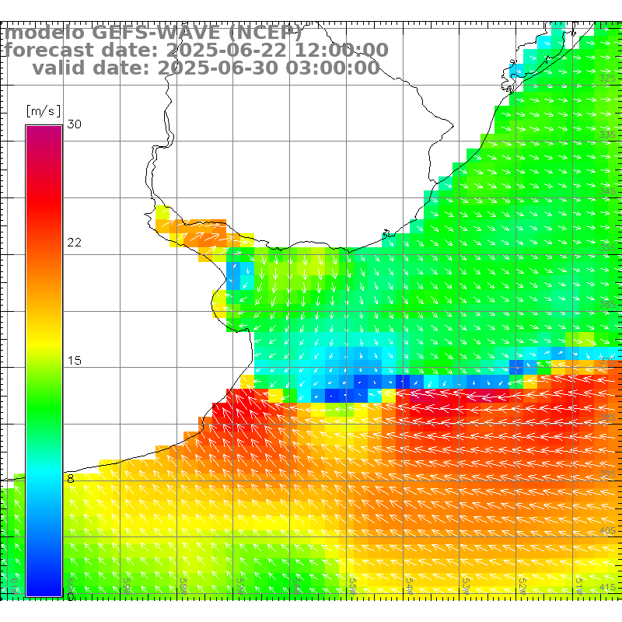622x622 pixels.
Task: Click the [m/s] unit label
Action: (43, 110)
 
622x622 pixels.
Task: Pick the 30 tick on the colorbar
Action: (75, 124)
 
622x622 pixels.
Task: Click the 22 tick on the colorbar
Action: (75, 243)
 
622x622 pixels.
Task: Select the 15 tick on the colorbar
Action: (75, 361)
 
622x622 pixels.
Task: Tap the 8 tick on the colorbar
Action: (71, 479)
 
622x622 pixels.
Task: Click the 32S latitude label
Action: (607, 79)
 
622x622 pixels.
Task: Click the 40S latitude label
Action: (607, 530)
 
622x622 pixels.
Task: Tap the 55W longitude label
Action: (353, 583)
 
